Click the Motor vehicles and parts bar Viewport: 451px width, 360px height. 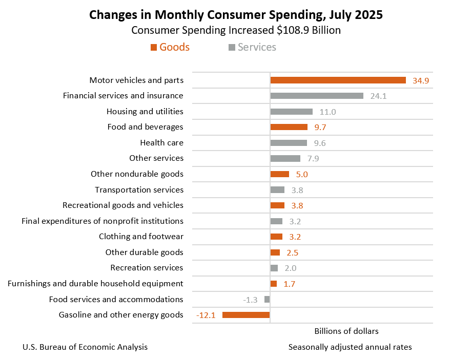tap(338, 80)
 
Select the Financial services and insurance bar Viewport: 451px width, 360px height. tap(317, 96)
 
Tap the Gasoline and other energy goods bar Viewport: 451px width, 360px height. tap(246, 315)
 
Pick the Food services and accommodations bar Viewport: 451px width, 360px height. tap(267, 299)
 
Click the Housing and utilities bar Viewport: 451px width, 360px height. tap(291, 112)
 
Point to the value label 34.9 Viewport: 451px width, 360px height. tap(421, 80)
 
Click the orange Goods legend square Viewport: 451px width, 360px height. tap(153, 48)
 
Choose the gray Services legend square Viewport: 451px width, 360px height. tap(232, 48)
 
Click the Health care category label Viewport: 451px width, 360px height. tap(161, 143)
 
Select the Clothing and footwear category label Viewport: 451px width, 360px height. tap(141, 237)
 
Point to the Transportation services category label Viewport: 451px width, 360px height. tap(139, 190)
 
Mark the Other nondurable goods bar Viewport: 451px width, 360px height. tap(279, 174)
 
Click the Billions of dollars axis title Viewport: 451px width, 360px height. tap(346, 331)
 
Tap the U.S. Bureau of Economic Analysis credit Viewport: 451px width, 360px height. tap(85, 347)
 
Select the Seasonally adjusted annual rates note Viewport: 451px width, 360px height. tap(350, 347)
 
